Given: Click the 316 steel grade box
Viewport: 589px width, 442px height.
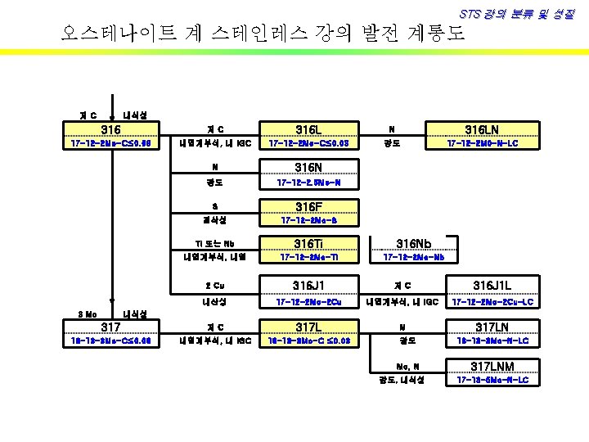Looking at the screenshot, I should coord(110,130).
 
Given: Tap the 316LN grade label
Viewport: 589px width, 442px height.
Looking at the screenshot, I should coord(482,130).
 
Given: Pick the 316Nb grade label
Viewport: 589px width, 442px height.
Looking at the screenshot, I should coord(414,243).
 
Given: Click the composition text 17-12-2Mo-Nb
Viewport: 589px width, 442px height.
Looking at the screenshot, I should coord(414,257).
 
